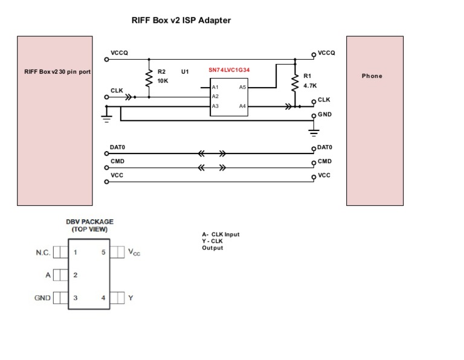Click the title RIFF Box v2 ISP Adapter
click(x=181, y=20)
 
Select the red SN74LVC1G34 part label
click(x=229, y=70)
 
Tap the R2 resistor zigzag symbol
click(x=149, y=77)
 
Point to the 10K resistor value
click(x=163, y=80)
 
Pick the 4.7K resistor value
click(x=310, y=86)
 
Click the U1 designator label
click(x=185, y=71)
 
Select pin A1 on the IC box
click(x=214, y=87)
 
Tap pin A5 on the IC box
click(x=242, y=87)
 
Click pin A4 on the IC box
click(x=242, y=106)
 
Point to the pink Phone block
click(x=374, y=120)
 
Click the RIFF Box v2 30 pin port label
click(x=57, y=71)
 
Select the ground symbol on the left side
click(x=107, y=118)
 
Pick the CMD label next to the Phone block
click(x=324, y=161)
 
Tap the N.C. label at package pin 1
click(x=42, y=252)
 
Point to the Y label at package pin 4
click(x=130, y=298)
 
